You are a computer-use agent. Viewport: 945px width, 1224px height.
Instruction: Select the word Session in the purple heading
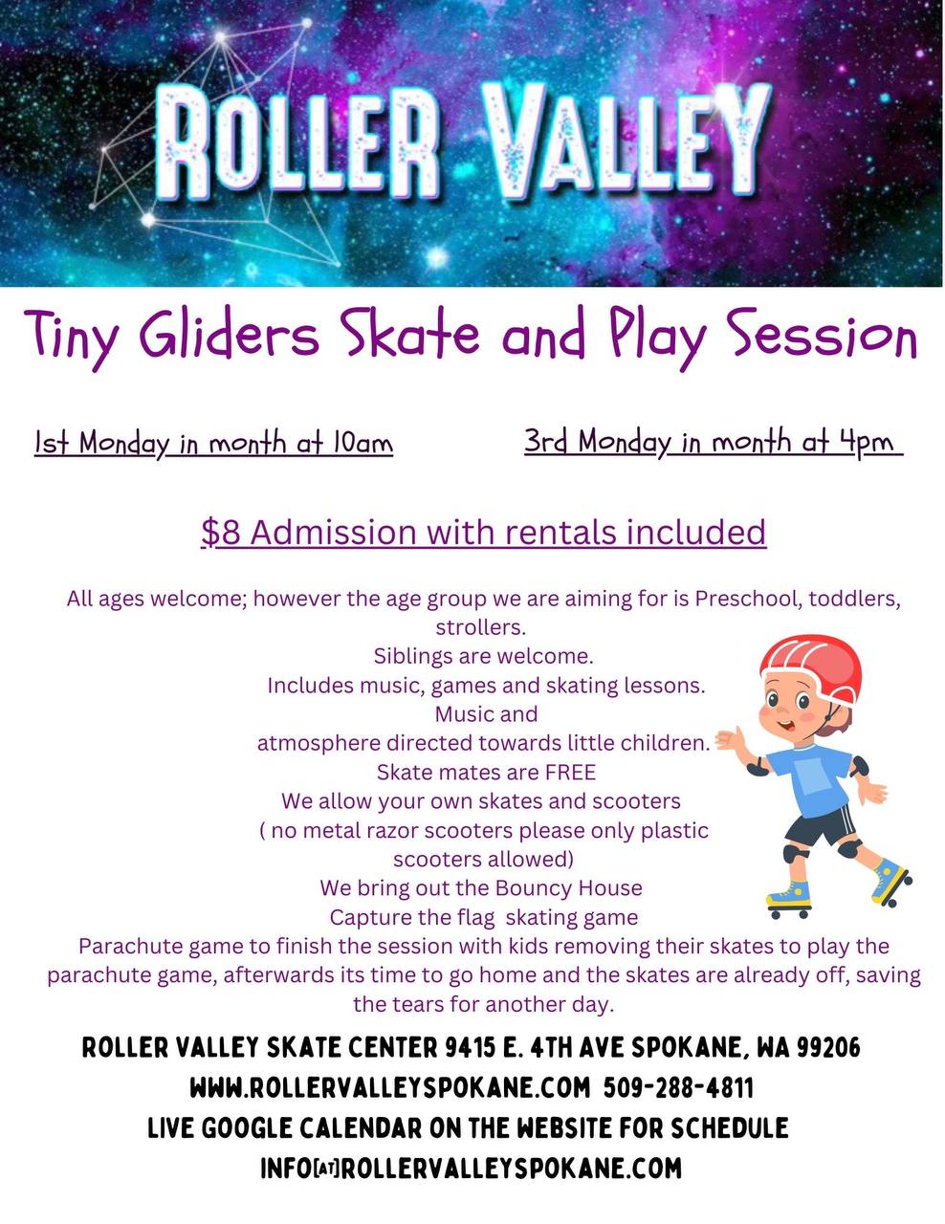tap(825, 336)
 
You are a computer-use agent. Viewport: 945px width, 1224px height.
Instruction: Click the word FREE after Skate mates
tap(570, 772)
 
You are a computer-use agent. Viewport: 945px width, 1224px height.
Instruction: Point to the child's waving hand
tap(731, 741)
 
